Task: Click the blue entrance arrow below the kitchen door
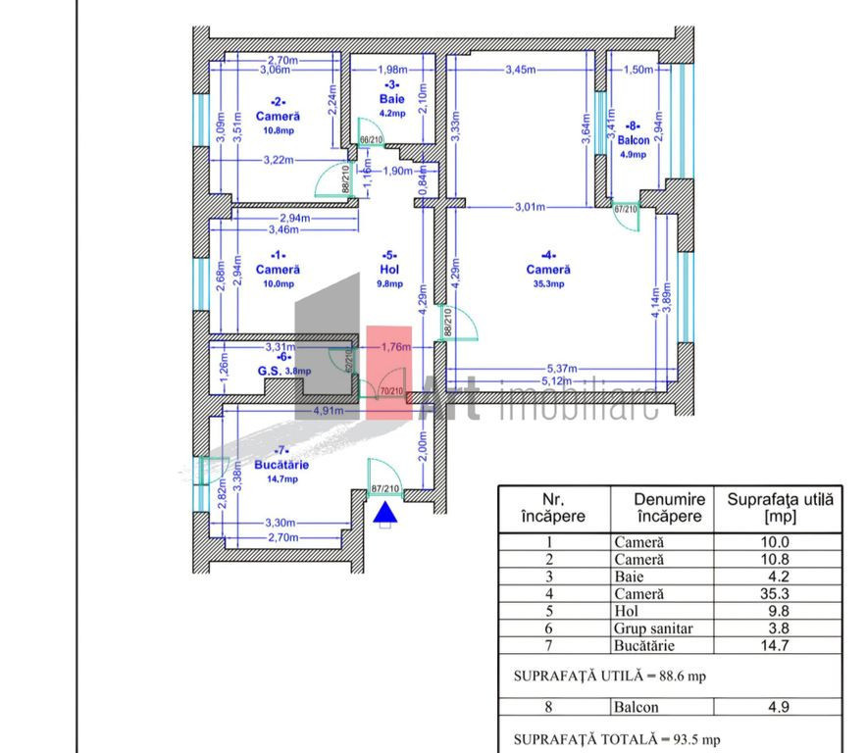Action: coord(385,511)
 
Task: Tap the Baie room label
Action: coord(391,99)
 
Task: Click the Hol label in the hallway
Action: coord(390,269)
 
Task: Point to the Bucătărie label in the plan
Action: coord(276,465)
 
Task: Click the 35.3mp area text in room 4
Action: coord(548,284)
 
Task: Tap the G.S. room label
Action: coord(270,371)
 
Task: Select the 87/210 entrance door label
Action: coord(385,488)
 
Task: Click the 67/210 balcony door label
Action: coord(626,209)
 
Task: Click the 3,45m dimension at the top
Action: coord(521,70)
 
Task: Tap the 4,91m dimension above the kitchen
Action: coord(328,411)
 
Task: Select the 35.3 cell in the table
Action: coord(777,593)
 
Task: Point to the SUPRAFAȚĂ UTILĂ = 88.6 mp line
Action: coord(609,676)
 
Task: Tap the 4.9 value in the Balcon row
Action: coord(777,706)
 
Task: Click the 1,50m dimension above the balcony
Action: coord(637,70)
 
